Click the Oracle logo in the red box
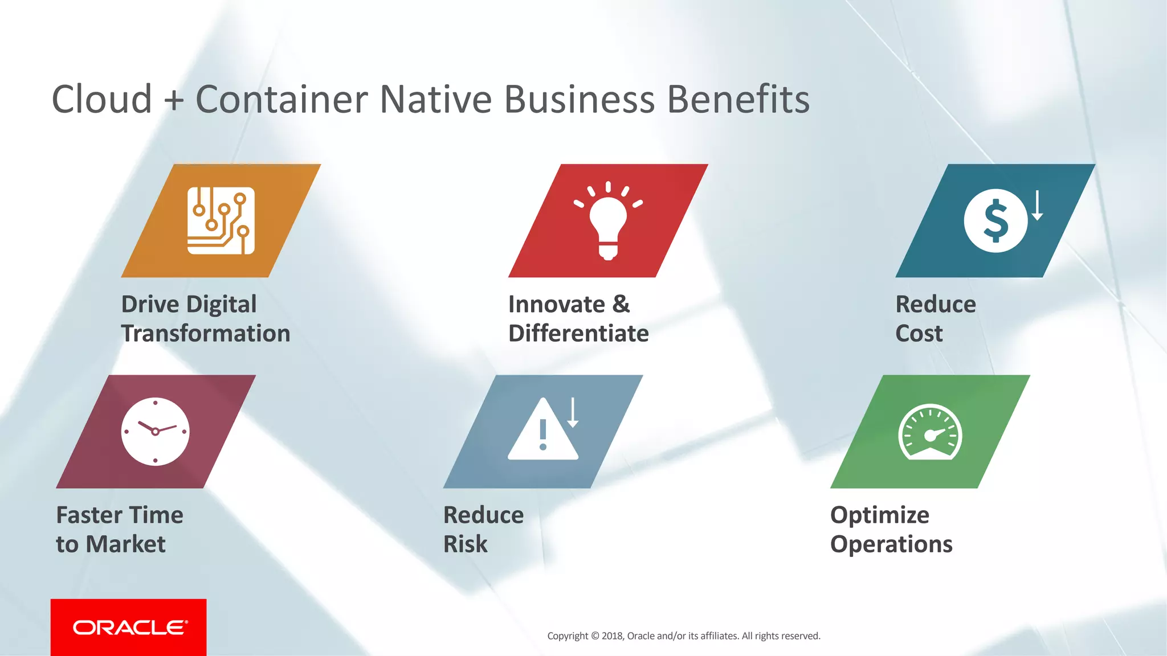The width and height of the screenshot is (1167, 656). (x=129, y=628)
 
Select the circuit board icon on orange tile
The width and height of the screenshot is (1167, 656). (x=221, y=221)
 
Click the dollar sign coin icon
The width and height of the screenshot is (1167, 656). (x=995, y=220)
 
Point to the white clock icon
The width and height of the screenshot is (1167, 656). (x=155, y=432)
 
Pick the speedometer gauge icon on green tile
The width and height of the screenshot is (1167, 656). (x=930, y=433)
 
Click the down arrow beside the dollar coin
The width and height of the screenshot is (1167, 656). (x=1037, y=206)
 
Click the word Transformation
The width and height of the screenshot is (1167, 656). (x=206, y=333)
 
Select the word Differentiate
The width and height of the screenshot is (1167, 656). (x=578, y=333)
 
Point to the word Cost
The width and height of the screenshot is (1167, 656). (x=919, y=333)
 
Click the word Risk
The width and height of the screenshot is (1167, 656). (x=465, y=544)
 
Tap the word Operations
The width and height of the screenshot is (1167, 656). (x=891, y=544)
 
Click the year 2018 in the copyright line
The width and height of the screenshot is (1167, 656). (x=612, y=636)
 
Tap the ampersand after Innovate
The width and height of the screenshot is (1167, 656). (x=621, y=305)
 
